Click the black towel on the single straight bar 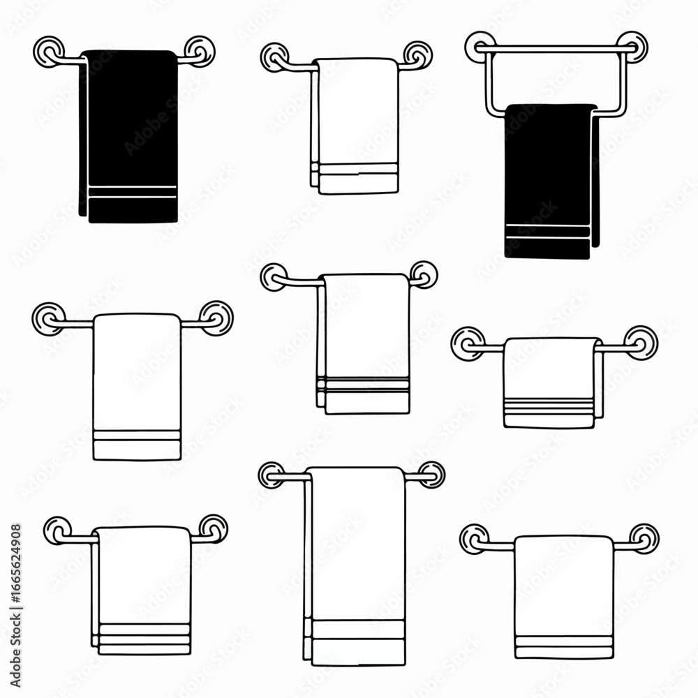129,133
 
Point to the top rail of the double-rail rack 556,47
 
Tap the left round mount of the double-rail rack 480,46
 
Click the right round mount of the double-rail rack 633,46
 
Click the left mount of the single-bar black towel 48,51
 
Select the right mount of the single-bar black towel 200,50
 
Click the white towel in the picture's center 364,342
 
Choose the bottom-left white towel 143,590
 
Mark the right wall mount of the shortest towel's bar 641,343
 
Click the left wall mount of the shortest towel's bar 467,343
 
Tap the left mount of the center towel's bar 274,277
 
